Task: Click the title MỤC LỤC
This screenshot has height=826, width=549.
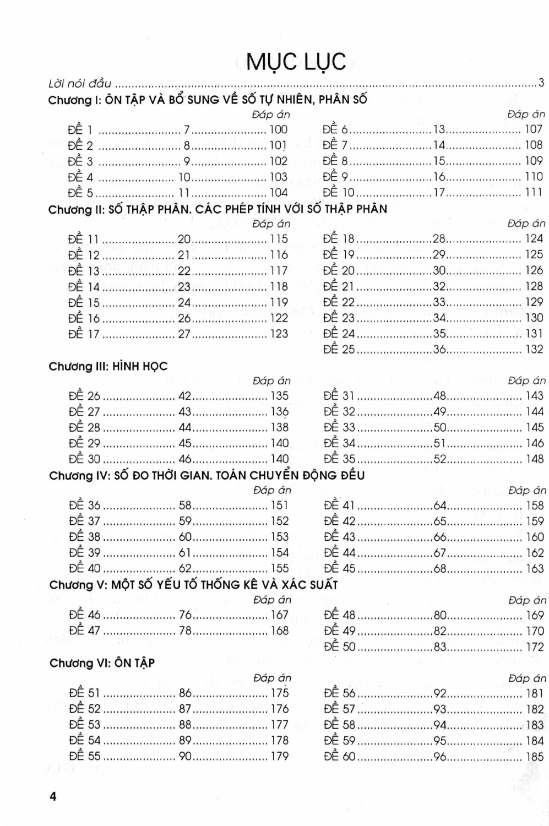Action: point(296,62)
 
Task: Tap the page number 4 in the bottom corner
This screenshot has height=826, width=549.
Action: point(53,796)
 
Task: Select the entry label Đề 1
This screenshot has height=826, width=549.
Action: point(80,130)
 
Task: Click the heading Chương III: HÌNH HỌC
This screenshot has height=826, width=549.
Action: point(108,366)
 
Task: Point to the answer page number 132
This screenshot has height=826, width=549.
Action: point(534,349)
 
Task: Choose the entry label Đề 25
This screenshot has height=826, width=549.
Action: point(339,349)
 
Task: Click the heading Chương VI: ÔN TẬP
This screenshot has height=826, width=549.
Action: point(102,663)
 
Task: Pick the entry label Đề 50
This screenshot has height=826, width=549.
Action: point(340,646)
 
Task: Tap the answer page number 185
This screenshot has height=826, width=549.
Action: point(535,757)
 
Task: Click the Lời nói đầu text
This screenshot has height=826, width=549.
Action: point(80,84)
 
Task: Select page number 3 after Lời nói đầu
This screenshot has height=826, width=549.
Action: point(541,83)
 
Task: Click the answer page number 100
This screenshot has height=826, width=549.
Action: point(279,130)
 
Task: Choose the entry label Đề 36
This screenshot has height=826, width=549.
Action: point(85,506)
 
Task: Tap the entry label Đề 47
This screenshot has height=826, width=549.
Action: point(85,631)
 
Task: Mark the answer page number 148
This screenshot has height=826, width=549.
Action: point(535,459)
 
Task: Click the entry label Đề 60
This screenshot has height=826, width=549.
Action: point(340,757)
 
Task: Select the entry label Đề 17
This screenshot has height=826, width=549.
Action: point(84,334)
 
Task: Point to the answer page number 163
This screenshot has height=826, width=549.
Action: point(535,568)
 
